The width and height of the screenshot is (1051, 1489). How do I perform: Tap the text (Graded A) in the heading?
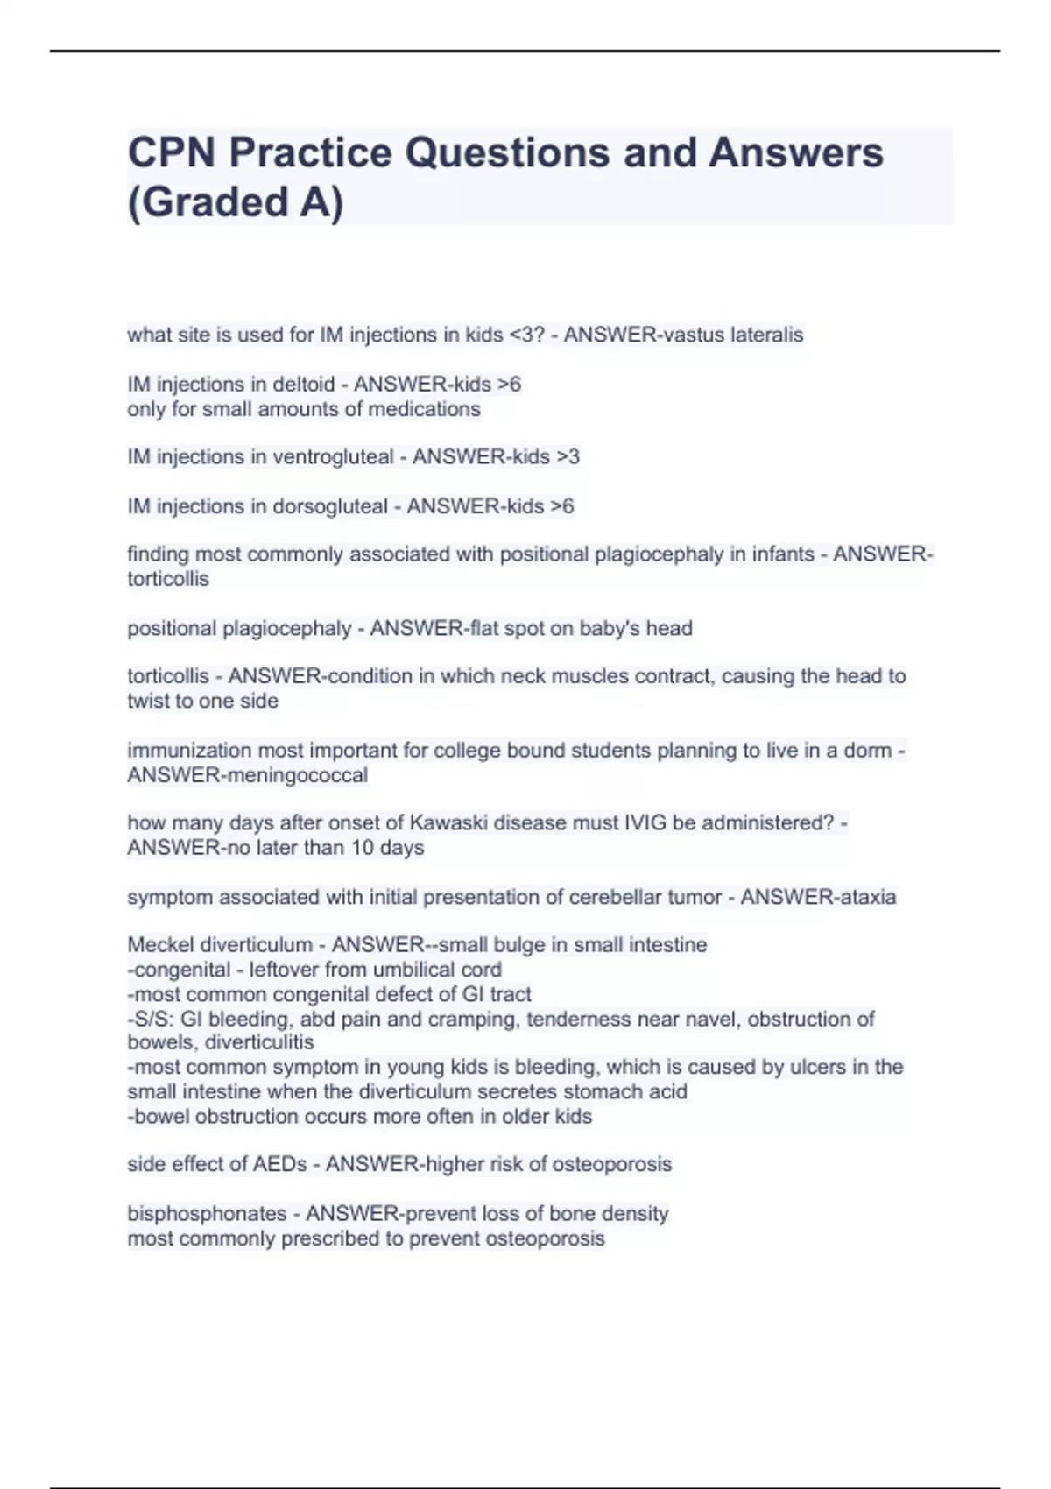point(236,202)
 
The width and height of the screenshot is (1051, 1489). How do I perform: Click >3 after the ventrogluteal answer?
point(568,457)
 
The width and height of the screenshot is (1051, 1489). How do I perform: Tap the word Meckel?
point(160,945)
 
